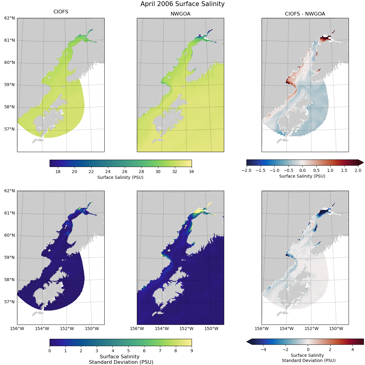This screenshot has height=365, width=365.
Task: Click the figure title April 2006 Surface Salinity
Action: (x=182, y=4)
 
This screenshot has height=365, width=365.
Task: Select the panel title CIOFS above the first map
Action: (x=61, y=12)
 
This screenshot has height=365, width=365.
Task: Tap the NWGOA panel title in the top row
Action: (x=180, y=14)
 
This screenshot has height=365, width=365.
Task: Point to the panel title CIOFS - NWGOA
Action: (x=305, y=14)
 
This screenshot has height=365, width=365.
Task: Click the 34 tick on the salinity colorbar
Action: (x=191, y=172)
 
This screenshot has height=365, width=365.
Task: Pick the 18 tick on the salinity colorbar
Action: (x=58, y=172)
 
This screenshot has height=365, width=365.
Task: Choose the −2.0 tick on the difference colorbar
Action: (x=246, y=170)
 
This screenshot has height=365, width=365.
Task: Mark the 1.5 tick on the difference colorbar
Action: (x=344, y=170)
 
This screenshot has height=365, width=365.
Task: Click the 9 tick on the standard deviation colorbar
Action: (x=191, y=351)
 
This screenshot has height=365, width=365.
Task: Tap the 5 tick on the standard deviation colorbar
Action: (x=128, y=351)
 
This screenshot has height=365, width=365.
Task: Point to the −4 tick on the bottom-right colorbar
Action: (x=263, y=350)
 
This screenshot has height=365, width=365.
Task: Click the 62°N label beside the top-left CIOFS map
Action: (x=9, y=18)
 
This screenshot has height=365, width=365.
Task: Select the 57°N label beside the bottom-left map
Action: (x=9, y=302)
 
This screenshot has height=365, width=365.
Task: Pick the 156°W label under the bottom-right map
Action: (x=262, y=328)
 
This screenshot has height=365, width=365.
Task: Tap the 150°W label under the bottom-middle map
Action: (x=211, y=328)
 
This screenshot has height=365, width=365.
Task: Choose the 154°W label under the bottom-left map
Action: (x=42, y=328)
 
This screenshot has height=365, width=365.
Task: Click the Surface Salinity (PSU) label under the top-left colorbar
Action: (x=120, y=177)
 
